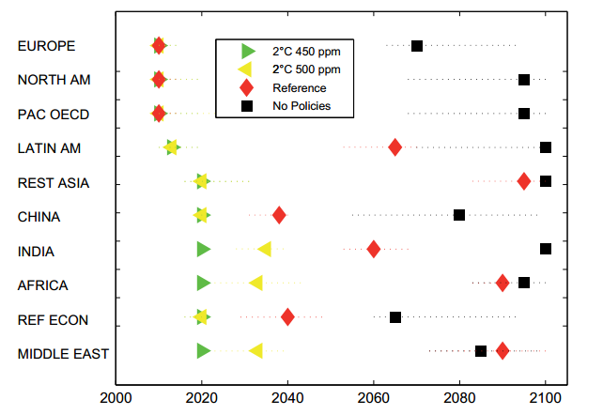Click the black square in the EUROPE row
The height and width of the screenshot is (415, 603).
pos(417,46)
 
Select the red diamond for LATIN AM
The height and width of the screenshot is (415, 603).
pos(395,146)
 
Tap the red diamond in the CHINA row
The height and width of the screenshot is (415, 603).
pos(279,215)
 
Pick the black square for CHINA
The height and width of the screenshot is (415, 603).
pos(459,215)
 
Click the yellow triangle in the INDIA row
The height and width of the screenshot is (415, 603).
pos(265,249)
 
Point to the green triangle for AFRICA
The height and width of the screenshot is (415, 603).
pos(204,283)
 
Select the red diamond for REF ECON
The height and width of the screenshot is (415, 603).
pos(287,317)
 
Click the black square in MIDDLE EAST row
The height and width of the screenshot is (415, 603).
pos(481,351)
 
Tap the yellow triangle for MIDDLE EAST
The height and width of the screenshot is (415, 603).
pos(255,351)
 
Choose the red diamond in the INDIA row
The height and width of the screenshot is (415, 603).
pos(374,249)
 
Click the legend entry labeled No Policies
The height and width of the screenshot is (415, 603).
pos(301,106)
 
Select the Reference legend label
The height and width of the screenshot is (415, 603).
pos(300,87)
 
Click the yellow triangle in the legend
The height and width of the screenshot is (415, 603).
pos(246,69)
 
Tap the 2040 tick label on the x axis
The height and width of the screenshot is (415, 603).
pos(287,398)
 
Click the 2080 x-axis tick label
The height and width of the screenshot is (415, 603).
pos(459,398)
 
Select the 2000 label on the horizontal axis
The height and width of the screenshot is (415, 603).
pos(116,398)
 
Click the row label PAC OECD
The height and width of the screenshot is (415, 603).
pos(53,114)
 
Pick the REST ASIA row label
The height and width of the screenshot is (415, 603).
pos(54,182)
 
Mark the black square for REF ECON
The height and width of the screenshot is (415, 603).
pos(395,317)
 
